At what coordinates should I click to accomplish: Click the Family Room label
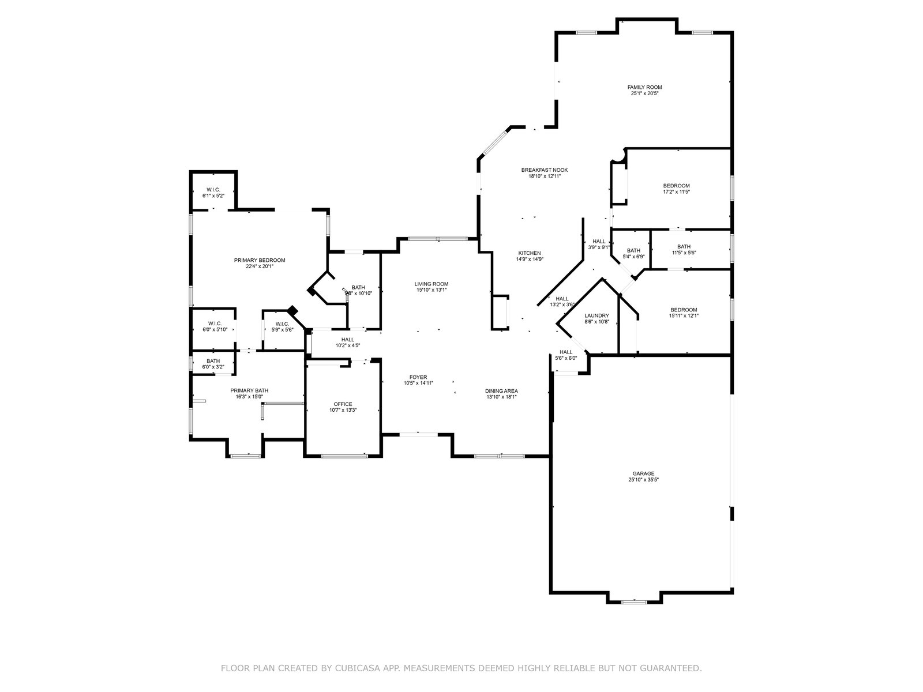click(x=644, y=87)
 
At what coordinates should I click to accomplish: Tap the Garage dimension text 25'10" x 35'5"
click(x=643, y=479)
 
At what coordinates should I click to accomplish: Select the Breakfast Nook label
click(x=544, y=170)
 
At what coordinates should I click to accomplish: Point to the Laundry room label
click(x=596, y=315)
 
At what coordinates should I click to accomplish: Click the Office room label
click(x=343, y=404)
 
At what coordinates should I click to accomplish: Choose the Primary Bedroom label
click(x=260, y=260)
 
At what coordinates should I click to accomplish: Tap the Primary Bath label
click(x=249, y=390)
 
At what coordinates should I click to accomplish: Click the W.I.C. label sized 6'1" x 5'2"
click(x=213, y=190)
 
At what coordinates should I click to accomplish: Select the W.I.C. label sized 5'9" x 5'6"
click(x=282, y=324)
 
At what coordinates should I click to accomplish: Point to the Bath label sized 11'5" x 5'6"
click(x=684, y=246)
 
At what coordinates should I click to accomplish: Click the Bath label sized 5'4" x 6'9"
click(x=633, y=250)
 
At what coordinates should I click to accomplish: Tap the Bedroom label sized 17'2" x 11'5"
click(x=676, y=186)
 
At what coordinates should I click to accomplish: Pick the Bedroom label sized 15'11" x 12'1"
click(x=684, y=310)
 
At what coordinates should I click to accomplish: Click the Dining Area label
click(x=501, y=390)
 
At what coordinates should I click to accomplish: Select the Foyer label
click(x=418, y=377)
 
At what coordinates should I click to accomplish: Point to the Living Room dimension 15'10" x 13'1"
click(x=432, y=290)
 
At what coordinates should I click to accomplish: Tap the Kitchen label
click(x=529, y=253)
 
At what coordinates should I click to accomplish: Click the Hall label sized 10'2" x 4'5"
click(x=347, y=340)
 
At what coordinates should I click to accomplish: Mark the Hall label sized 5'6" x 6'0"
click(x=566, y=352)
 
